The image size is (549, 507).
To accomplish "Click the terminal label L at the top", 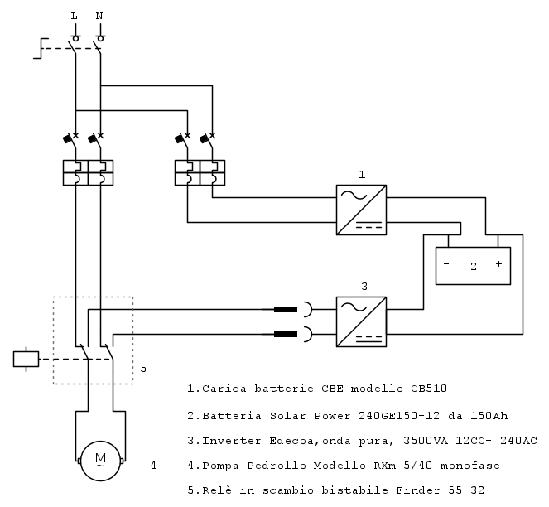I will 75,17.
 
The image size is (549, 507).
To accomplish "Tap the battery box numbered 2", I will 473,267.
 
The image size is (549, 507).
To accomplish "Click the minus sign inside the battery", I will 446,264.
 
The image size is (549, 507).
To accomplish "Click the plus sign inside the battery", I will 498,264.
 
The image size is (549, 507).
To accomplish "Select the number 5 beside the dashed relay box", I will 143,367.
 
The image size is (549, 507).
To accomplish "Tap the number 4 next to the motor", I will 153,466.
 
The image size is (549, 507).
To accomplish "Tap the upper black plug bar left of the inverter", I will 286,310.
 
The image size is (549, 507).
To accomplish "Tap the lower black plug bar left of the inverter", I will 286,335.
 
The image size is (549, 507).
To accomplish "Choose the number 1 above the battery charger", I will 362,174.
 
